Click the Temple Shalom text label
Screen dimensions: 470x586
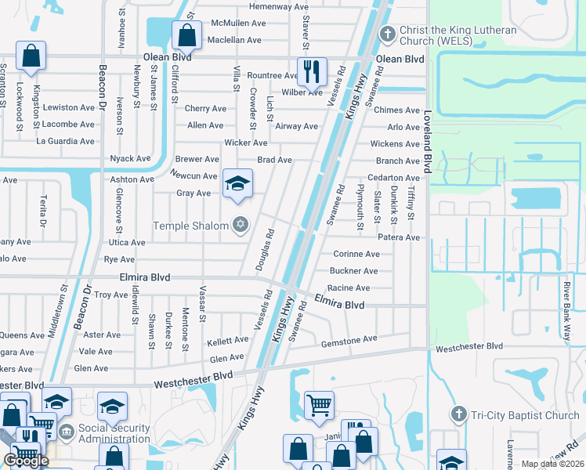tap(190, 226)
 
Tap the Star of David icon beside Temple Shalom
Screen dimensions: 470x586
tap(241, 226)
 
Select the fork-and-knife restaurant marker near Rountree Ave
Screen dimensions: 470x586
tap(313, 71)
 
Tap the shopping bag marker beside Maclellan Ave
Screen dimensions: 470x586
tap(186, 35)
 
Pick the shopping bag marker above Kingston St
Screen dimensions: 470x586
tap(31, 56)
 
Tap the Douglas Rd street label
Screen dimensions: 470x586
tap(264, 250)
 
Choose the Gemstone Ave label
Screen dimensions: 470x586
tap(349, 339)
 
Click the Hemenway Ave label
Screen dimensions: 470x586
tap(279, 6)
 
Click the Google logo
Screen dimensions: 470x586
tap(26, 461)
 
